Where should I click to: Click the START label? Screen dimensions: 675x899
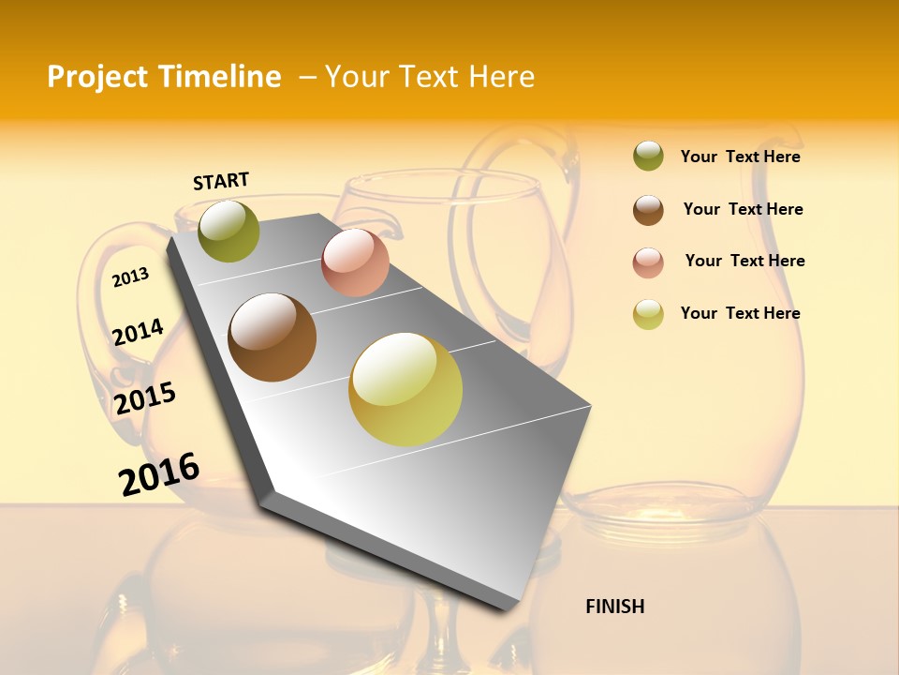pos(221,181)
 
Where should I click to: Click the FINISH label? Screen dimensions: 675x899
pos(614,607)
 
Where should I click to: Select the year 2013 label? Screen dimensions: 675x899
pos(131,277)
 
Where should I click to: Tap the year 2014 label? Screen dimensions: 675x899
pos(139,332)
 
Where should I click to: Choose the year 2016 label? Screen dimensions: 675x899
pos(159,473)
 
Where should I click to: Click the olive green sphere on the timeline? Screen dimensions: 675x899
pos(228,232)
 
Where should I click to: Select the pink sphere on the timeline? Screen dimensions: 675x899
pos(355,262)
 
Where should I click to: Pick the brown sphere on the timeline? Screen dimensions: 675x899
pos(273,337)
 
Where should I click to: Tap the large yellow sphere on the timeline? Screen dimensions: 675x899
pos(405,389)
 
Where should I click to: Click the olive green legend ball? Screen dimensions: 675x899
pos(648,157)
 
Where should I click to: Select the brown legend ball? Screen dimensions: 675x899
pos(648,210)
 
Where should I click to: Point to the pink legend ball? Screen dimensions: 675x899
pos(648,262)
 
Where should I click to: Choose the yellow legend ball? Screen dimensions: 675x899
pos(648,314)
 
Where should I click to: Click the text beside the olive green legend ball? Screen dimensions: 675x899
pos(740,157)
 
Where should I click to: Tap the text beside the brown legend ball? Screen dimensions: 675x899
pos(743,209)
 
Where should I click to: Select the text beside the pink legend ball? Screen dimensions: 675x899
pos(744,261)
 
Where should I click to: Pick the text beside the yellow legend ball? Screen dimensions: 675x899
pos(740,313)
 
